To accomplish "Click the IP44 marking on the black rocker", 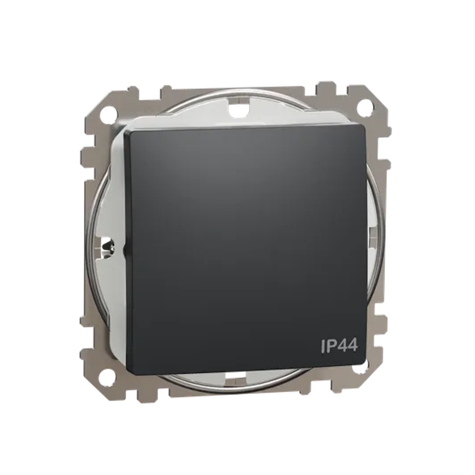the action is click(339, 346).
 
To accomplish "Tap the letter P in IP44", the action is click(331, 346).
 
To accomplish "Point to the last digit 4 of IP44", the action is click(352, 346).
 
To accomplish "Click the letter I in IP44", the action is click(323, 346).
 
